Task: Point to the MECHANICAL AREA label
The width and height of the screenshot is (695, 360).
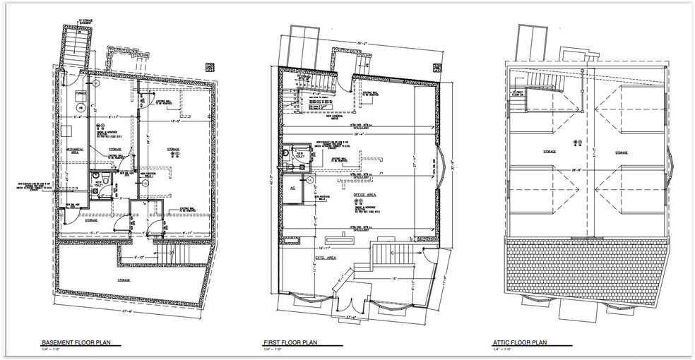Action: tap(76, 151)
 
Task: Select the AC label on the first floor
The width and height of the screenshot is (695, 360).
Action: tap(292, 188)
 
